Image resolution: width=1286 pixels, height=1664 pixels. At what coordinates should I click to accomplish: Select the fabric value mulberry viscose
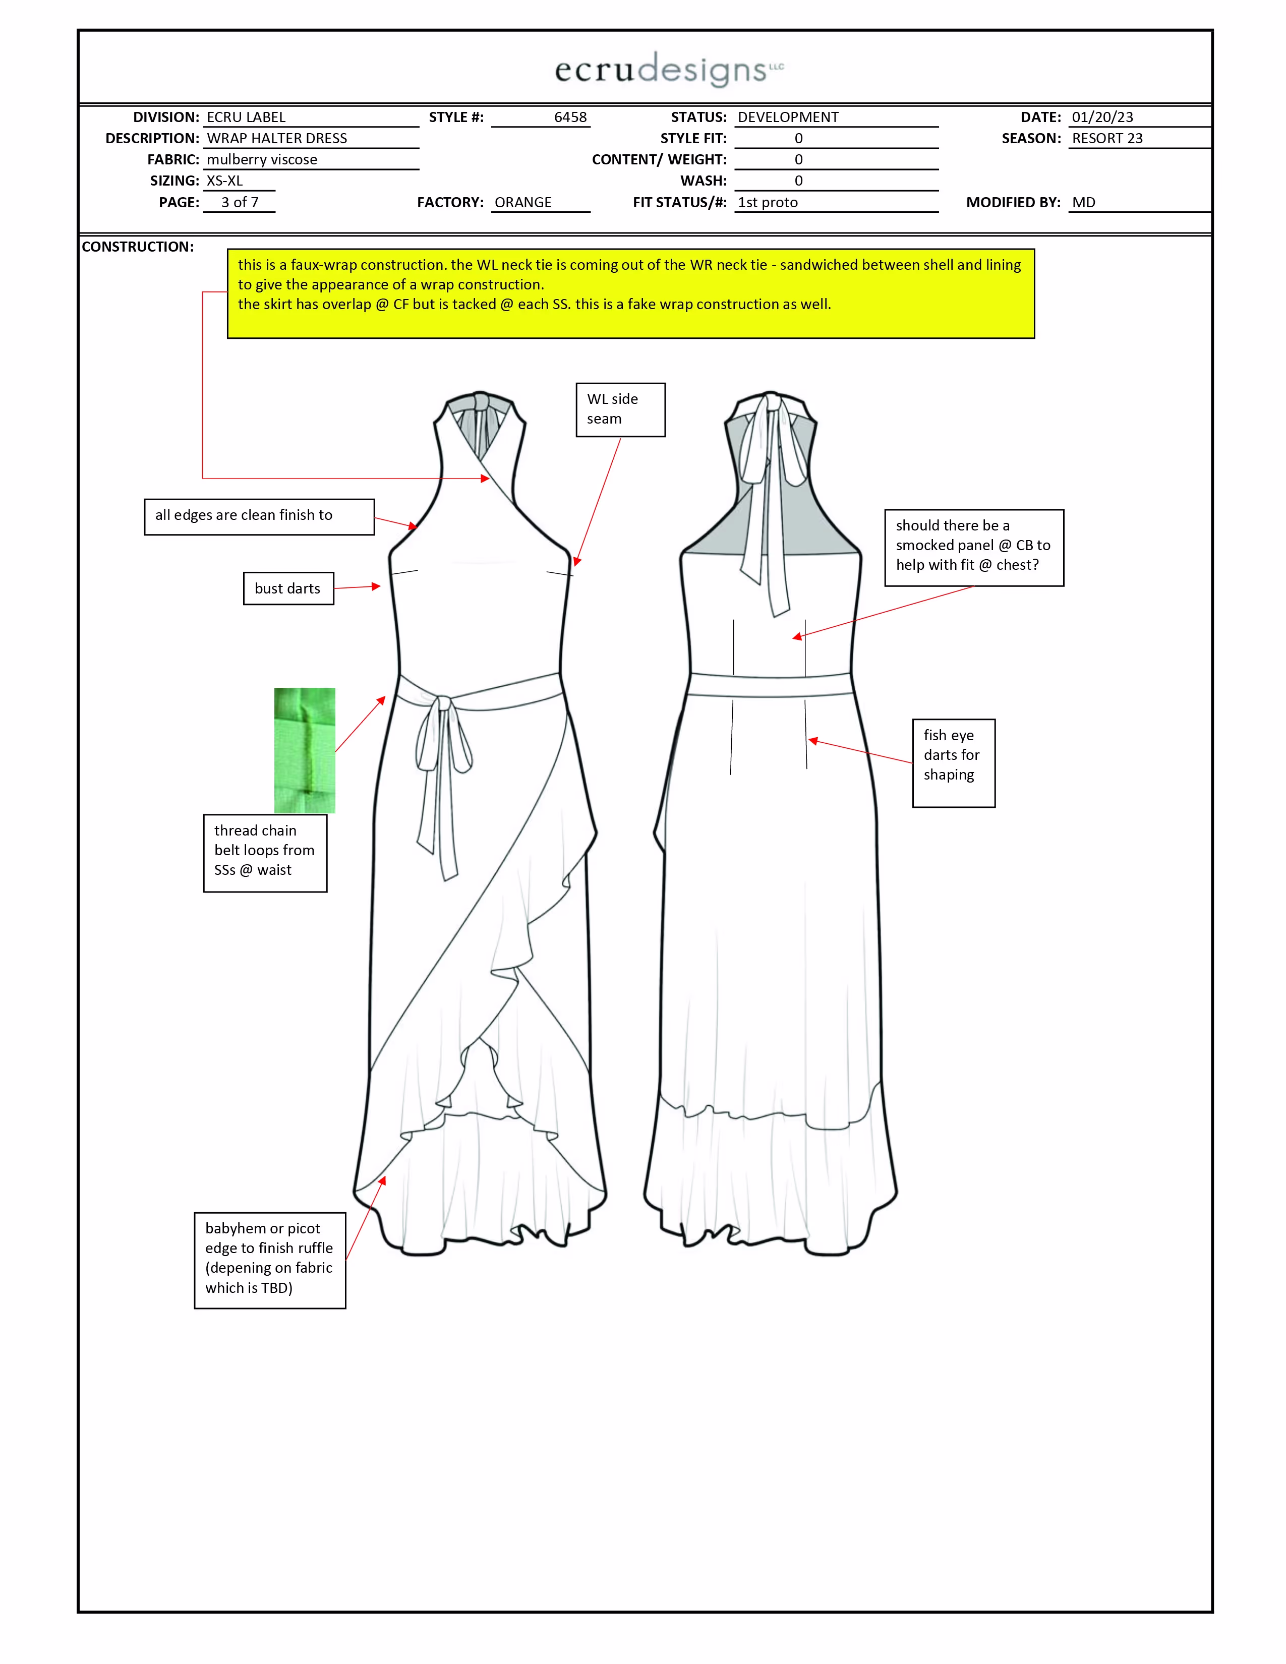pyautogui.click(x=262, y=160)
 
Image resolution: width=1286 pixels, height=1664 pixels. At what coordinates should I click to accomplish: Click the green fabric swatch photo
pyautogui.click(x=304, y=750)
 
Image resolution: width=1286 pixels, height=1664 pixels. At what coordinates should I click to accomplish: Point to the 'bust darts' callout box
pyautogui.click(x=288, y=588)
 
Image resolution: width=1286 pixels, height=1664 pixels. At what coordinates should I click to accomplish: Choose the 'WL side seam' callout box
pyautogui.click(x=620, y=409)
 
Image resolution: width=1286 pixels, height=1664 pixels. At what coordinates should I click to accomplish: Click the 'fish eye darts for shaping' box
pyautogui.click(x=953, y=762)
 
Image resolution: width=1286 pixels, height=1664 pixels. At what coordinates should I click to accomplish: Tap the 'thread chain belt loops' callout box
pyautogui.click(x=264, y=853)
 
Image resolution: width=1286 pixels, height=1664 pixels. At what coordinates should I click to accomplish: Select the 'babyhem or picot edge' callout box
pyautogui.click(x=270, y=1260)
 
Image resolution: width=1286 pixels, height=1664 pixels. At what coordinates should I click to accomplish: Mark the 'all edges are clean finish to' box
pyautogui.click(x=259, y=516)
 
